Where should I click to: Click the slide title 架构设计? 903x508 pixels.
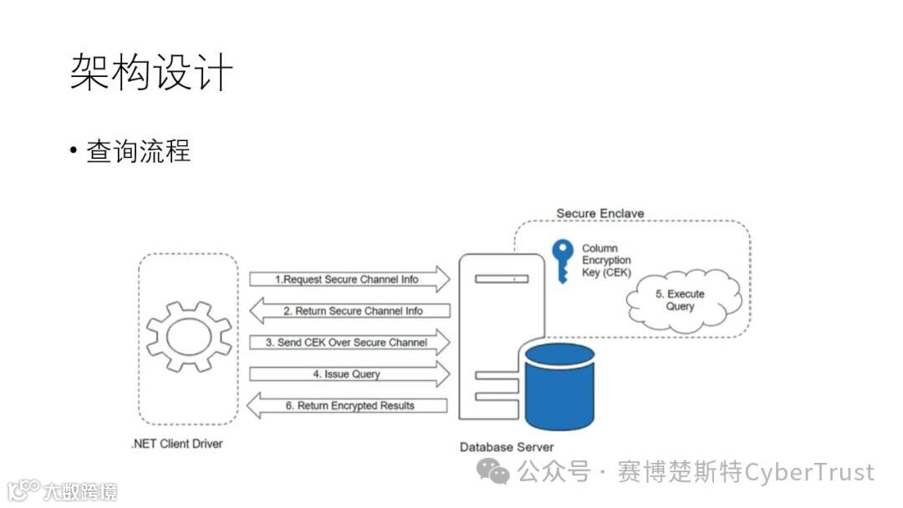coord(150,73)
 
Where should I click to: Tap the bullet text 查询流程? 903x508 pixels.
coord(138,151)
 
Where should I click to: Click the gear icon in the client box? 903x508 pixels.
coord(189,338)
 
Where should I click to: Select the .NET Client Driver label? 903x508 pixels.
coord(177,444)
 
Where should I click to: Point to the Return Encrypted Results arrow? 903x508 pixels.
coord(349,406)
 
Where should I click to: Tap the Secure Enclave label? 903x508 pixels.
coord(600,213)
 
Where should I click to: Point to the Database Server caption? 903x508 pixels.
coord(507,447)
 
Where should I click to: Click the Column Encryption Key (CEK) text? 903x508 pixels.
coord(606,261)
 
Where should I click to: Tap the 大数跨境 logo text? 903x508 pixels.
coord(80,491)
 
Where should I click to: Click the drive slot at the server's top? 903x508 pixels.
coord(501,279)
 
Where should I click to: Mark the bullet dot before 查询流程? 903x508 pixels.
coord(74,152)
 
